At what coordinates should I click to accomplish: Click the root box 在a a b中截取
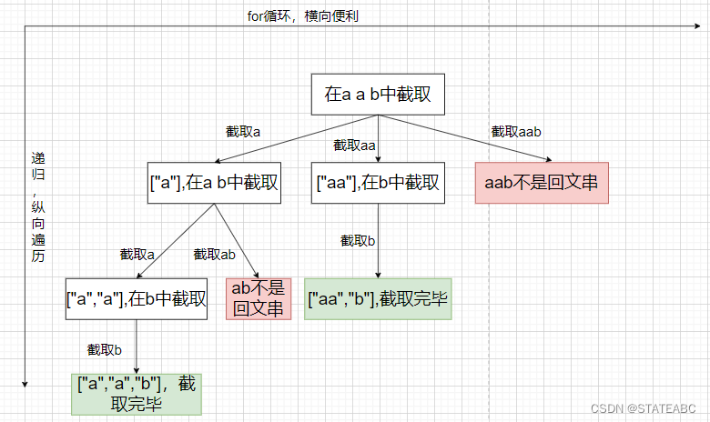coord(377,94)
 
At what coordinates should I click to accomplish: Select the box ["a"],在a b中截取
coord(214,183)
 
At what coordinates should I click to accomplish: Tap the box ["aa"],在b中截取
coord(378,183)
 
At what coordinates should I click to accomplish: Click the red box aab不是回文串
coord(541,183)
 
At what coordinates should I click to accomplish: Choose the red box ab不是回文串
coord(258,297)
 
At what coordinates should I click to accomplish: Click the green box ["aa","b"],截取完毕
coord(378,297)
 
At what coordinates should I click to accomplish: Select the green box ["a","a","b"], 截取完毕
coord(137,394)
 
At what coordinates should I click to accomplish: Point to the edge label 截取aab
coord(516,132)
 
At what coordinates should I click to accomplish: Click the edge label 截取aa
coord(355,145)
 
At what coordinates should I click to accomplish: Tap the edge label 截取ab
coord(215,254)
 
